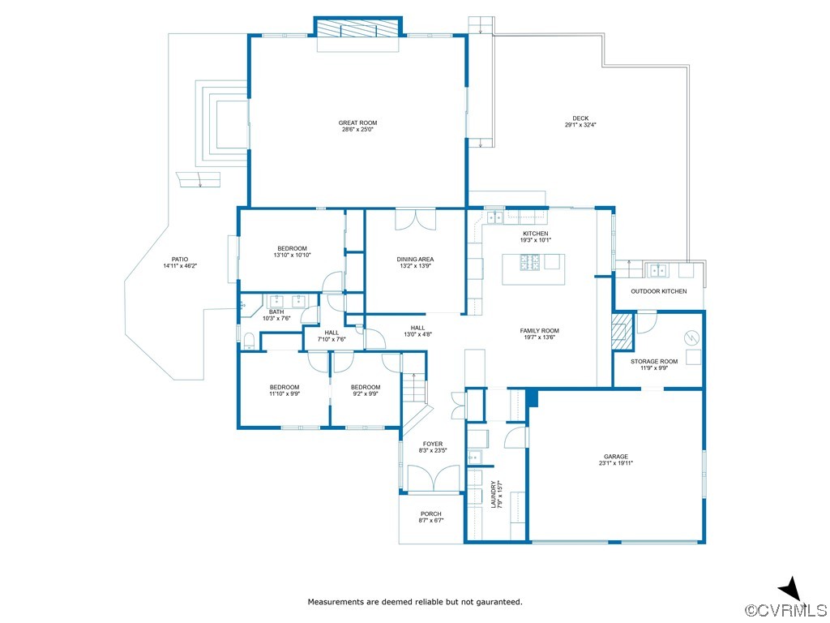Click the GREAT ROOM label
pos(357,123)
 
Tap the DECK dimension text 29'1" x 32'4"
pos(580,125)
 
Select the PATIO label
pos(180,260)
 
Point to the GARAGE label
pos(616,457)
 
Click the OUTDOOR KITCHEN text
pos(659,291)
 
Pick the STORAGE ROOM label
pos(654,362)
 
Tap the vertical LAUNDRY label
pos(494,494)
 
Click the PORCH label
pos(431,513)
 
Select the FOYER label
pos(433,444)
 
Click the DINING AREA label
pos(416,260)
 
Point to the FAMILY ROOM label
pos(539,331)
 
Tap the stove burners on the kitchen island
pos(530,262)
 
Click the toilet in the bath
pos(249,341)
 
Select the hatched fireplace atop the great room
pos(357,28)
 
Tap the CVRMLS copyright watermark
pos(785,610)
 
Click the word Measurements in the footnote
pos(336,602)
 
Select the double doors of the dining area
pos(416,220)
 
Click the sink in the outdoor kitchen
pos(658,271)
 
